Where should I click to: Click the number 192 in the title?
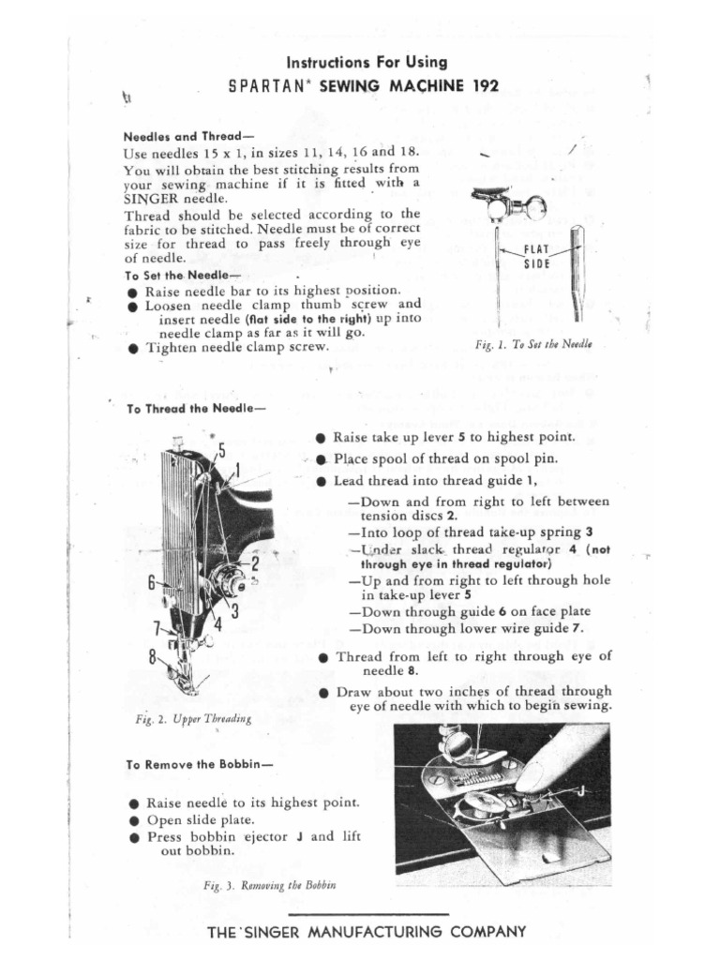pyautogui.click(x=482, y=87)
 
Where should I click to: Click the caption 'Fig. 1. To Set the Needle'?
pyautogui.click(x=534, y=345)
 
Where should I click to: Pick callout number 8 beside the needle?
pyautogui.click(x=150, y=657)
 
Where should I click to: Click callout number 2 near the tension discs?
pyautogui.click(x=254, y=563)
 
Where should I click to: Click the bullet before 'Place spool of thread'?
pyautogui.click(x=321, y=459)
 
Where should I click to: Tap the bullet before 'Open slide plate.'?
pyautogui.click(x=136, y=820)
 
